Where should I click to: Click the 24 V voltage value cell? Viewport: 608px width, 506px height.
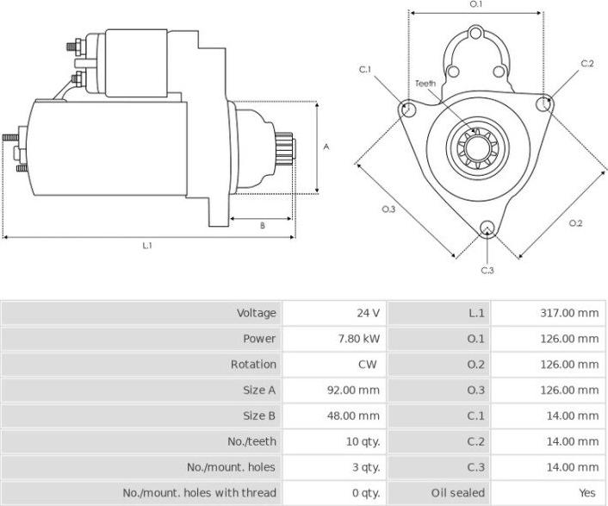tap(369, 313)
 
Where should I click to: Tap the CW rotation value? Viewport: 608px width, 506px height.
tap(369, 365)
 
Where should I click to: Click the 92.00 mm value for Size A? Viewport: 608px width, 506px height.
tap(356, 390)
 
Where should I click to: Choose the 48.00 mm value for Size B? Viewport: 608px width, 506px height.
tap(356, 415)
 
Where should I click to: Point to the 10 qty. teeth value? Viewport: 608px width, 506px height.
tap(363, 441)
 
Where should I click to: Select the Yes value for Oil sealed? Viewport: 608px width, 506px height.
tap(588, 492)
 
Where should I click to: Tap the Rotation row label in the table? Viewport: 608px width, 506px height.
tap(254, 365)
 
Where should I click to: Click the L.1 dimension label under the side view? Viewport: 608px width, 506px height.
tap(147, 246)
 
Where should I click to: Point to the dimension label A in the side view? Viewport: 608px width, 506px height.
tap(326, 147)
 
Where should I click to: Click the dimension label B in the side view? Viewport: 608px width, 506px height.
tap(262, 226)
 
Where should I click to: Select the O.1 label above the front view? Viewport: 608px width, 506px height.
tap(476, 5)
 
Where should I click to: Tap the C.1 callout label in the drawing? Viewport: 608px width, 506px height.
tap(365, 69)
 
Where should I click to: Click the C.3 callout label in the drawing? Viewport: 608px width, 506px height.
tap(487, 271)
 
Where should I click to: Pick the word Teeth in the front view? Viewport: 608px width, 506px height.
tap(425, 84)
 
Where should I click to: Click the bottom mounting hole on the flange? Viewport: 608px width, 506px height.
tap(487, 229)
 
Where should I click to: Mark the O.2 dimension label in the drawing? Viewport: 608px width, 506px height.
tap(575, 224)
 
